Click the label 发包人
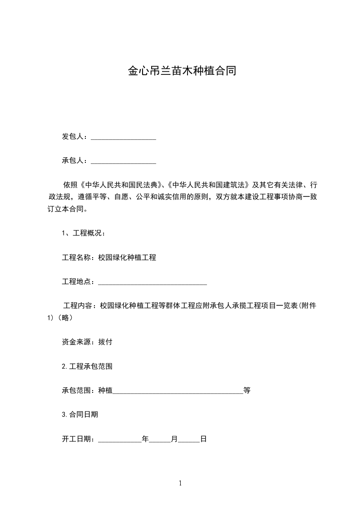(73, 137)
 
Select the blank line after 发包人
(123, 137)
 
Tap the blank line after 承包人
(123, 162)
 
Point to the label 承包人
(73, 161)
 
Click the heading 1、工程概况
(84, 233)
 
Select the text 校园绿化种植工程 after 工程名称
(127, 257)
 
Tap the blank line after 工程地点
(153, 283)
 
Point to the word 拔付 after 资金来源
(105, 342)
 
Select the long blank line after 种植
(178, 391)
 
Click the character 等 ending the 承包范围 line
(247, 390)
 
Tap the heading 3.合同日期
(80, 414)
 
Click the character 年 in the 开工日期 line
(145, 439)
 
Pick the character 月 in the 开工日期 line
(174, 439)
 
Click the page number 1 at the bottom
(180, 483)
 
